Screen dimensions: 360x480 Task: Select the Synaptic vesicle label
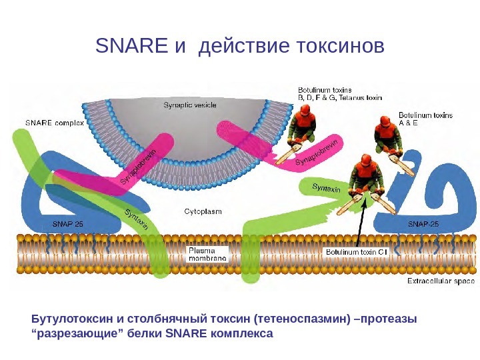[x=190, y=105]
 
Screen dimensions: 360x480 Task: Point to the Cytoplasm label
[x=203, y=211]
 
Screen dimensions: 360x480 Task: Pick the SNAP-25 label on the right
[x=423, y=224]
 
